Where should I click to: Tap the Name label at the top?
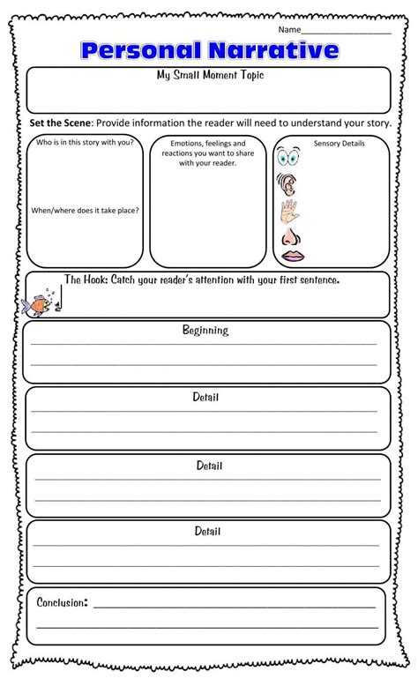point(290,29)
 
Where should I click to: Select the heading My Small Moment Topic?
point(209,76)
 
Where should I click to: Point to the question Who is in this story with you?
point(85,142)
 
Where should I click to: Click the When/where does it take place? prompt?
point(85,211)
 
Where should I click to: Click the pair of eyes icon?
point(290,160)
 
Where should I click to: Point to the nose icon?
point(289,237)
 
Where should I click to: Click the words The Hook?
point(85,280)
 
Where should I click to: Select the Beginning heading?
point(205,331)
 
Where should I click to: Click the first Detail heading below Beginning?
point(205,398)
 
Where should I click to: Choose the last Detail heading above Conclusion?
point(208,532)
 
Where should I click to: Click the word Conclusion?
point(61,602)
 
